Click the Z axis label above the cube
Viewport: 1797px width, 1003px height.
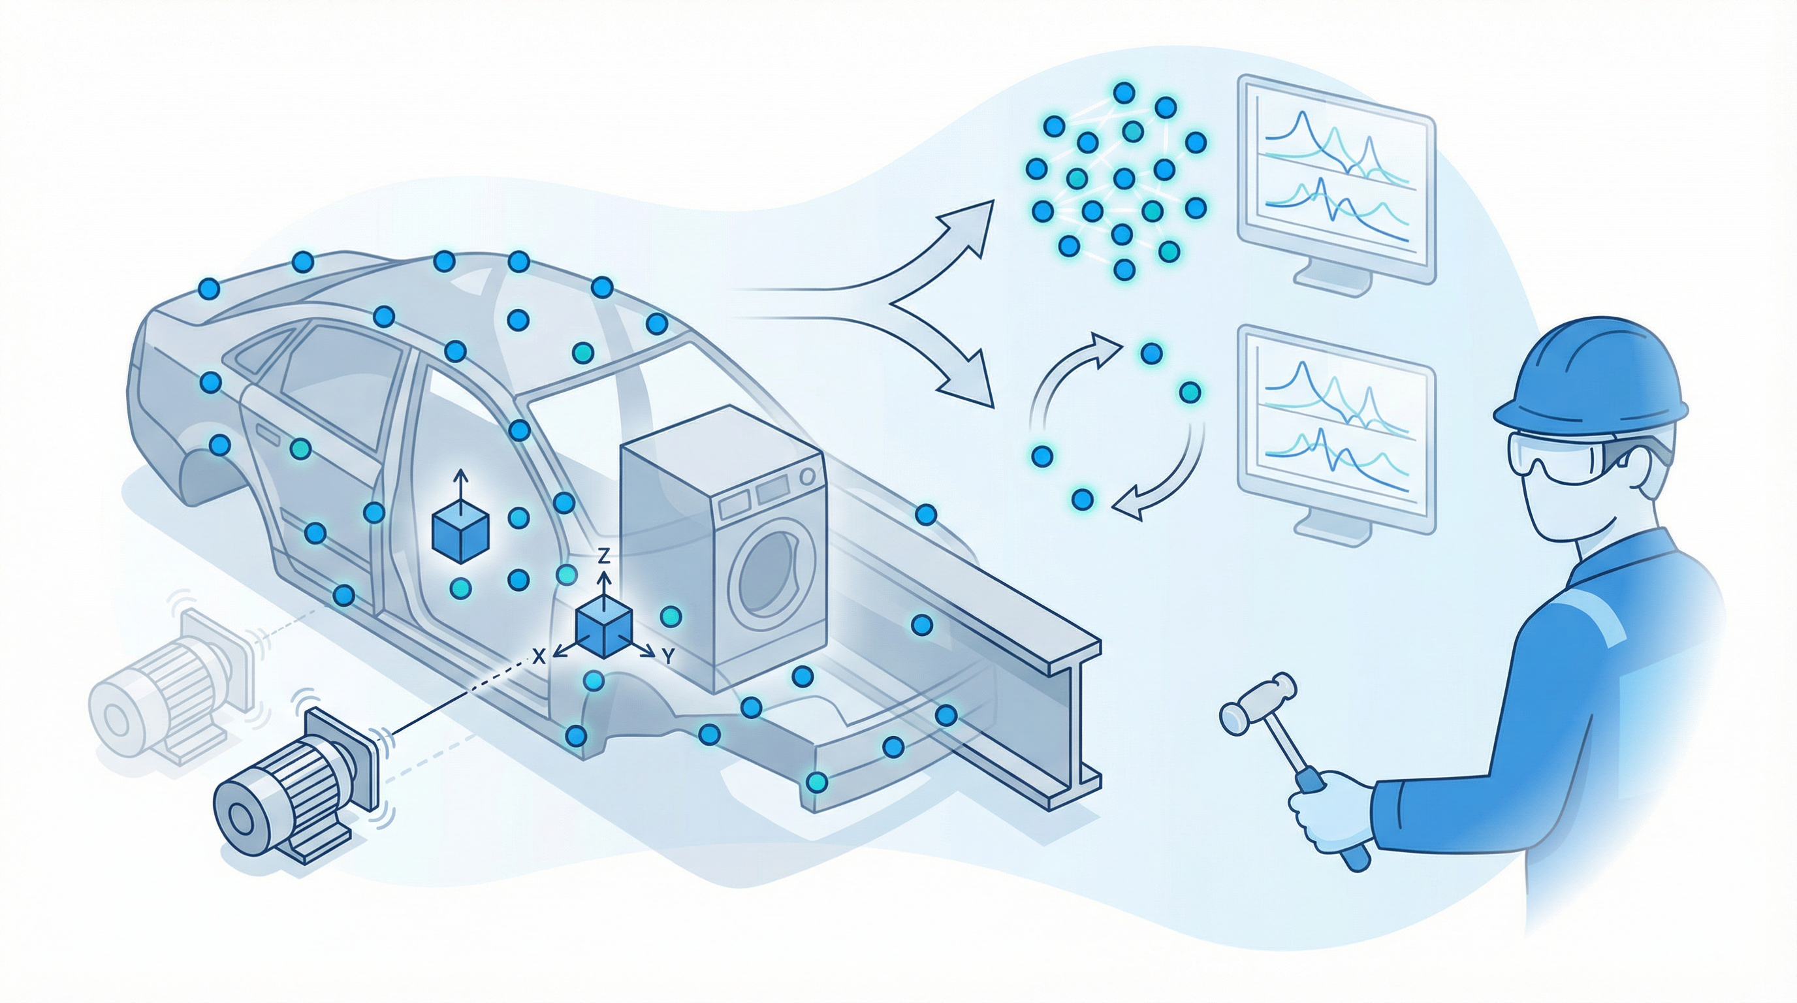tap(605, 556)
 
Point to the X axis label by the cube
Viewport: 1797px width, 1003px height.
tap(538, 656)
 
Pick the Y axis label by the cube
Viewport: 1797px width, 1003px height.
tap(667, 656)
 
